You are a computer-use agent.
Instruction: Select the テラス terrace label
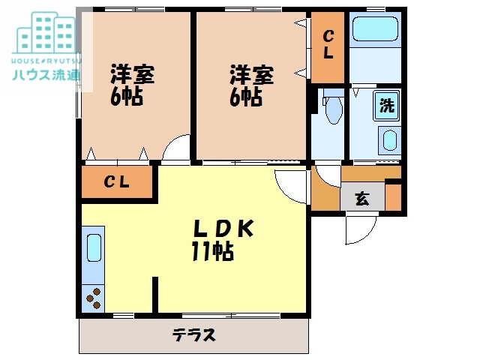click(x=193, y=334)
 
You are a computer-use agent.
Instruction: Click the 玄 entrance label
click(x=362, y=199)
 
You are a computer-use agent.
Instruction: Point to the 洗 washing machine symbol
click(x=386, y=105)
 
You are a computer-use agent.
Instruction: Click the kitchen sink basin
click(x=93, y=247)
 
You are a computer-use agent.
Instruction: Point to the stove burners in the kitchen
click(x=94, y=298)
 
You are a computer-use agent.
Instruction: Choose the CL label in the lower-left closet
click(x=116, y=181)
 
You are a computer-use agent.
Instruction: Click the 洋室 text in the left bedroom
click(x=133, y=75)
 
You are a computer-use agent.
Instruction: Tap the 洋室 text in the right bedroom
click(x=251, y=75)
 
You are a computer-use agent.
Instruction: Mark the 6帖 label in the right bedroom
click(x=246, y=97)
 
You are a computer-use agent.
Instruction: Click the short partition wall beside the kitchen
click(x=155, y=293)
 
